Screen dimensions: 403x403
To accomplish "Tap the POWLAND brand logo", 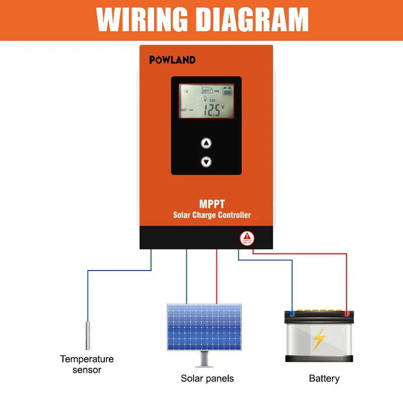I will (172, 60).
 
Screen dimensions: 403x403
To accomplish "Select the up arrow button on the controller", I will (206, 144).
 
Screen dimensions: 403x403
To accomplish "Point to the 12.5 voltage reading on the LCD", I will (212, 110).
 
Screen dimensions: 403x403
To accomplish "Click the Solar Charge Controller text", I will (212, 215).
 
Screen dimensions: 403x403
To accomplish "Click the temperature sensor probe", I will (88, 335).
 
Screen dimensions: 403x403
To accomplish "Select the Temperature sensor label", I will (87, 364).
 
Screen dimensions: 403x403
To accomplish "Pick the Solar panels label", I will (207, 378).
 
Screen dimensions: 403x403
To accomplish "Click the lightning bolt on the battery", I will (319, 339).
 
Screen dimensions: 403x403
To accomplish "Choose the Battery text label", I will (324, 378).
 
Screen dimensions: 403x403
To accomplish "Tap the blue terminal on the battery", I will (292, 313).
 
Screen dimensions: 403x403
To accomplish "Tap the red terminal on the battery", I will (346, 313).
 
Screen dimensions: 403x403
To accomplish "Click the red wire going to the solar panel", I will (217, 277).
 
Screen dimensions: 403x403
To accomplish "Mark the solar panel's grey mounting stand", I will (205, 359).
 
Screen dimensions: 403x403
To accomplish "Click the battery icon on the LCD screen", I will (227, 91).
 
